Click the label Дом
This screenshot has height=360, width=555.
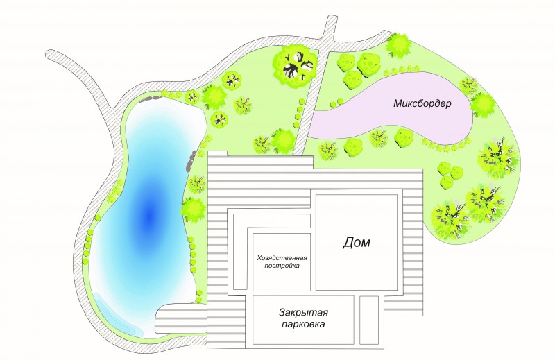[x=357, y=243]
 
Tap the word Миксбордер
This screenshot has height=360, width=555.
[x=422, y=103]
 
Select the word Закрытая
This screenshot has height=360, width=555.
[x=303, y=313]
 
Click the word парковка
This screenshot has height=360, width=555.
[x=303, y=324]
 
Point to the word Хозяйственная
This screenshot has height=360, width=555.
[x=282, y=257]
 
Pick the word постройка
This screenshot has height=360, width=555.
[x=282, y=266]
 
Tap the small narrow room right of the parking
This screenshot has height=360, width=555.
[x=369, y=320]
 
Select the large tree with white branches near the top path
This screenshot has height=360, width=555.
[x=295, y=66]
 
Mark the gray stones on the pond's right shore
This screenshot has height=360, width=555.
[x=190, y=160]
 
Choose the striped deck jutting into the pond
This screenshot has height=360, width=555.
[x=181, y=319]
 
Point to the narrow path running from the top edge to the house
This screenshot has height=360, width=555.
[x=314, y=85]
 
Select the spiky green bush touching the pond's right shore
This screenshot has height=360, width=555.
[x=194, y=209]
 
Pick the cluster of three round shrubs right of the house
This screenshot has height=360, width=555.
[x=449, y=175]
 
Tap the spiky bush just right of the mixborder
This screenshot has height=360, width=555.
[x=483, y=105]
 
